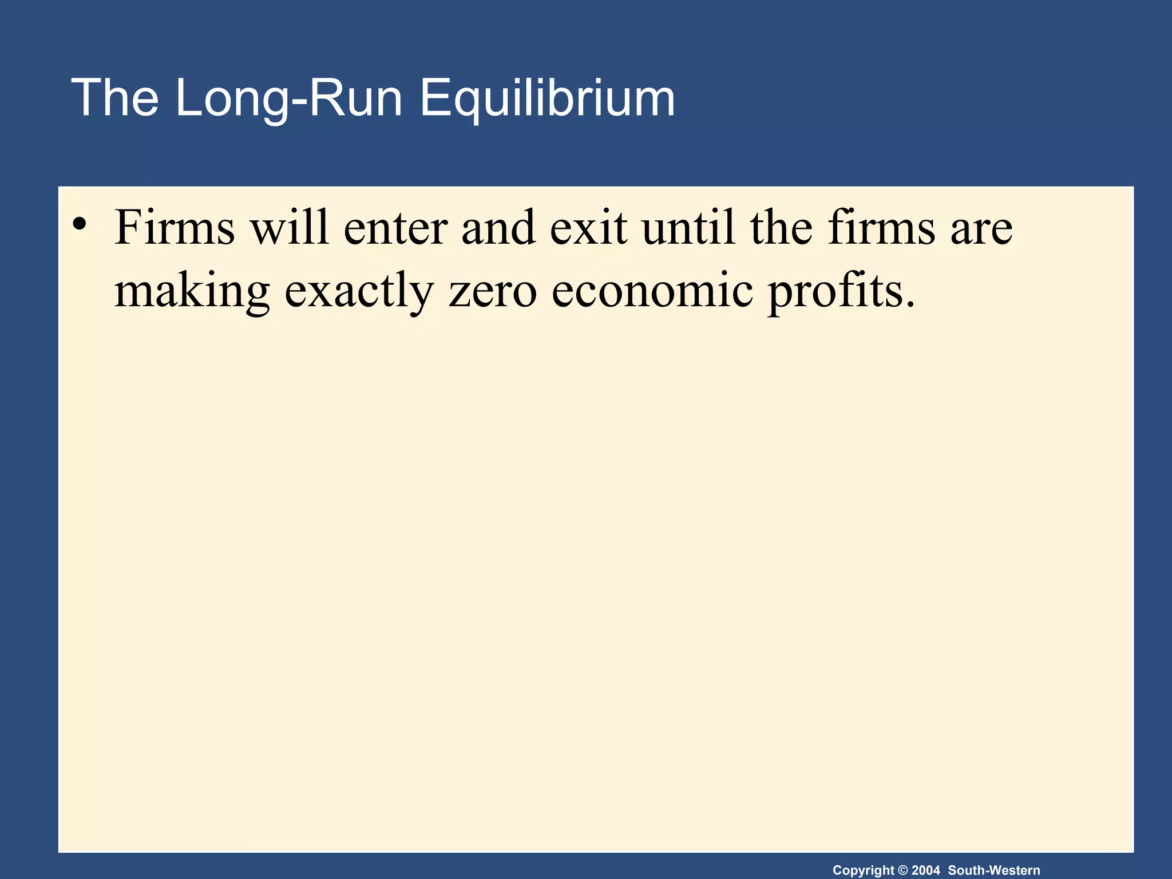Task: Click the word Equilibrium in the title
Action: point(548,98)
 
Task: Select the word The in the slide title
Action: point(114,98)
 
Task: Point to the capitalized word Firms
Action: point(175,228)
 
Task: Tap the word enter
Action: point(395,228)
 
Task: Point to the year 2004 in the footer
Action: point(926,870)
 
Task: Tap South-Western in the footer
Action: point(994,870)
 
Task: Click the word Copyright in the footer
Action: point(863,870)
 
